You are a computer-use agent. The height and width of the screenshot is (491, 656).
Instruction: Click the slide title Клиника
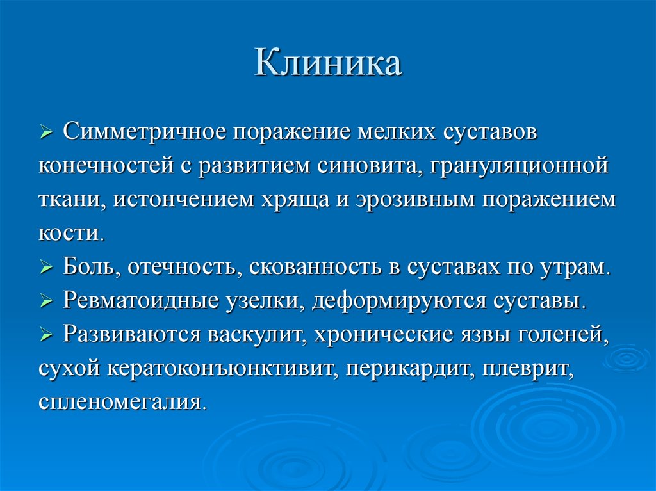tap(328, 65)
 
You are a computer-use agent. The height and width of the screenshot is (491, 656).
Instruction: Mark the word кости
tap(69, 233)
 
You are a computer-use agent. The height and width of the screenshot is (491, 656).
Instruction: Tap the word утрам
tap(571, 266)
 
